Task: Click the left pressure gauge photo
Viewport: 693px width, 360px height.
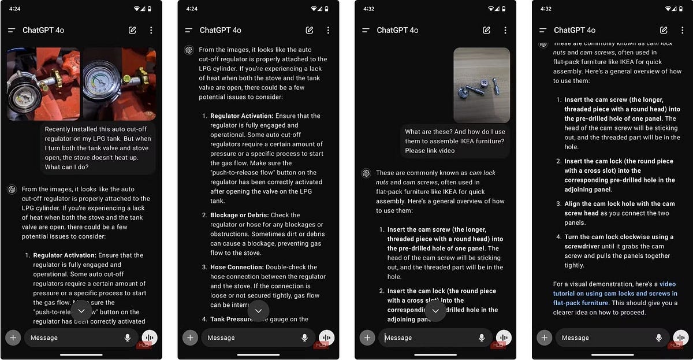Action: [43, 83]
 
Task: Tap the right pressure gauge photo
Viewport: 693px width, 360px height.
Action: [120, 83]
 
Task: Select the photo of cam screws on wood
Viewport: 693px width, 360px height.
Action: [481, 85]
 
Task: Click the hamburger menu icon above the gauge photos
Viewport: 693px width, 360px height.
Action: [12, 30]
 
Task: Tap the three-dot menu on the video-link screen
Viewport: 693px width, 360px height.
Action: [681, 30]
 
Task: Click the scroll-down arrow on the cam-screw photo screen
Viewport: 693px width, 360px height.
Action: [435, 311]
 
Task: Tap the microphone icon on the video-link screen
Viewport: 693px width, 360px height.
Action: [658, 337]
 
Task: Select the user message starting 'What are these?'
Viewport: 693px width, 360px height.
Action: [454, 141]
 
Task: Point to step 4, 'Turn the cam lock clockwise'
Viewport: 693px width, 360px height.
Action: [619, 251]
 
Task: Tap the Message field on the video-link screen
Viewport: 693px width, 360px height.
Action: [601, 337]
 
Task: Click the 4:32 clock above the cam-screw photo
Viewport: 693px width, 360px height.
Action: [369, 9]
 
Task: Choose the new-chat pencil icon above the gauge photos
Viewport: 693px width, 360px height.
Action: [132, 30]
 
